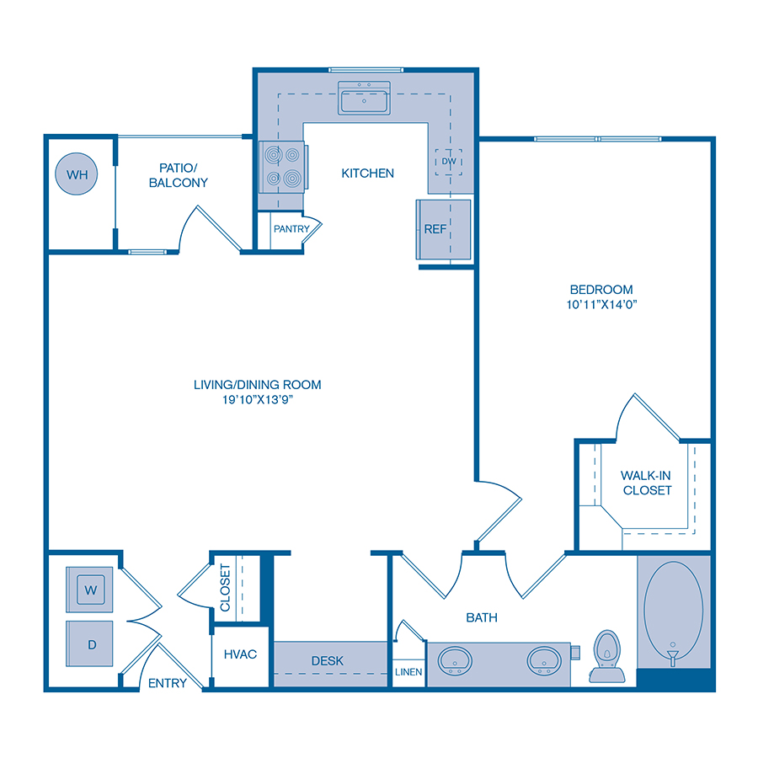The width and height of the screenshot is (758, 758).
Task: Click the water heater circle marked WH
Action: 77,175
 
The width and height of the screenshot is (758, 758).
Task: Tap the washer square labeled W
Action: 91,590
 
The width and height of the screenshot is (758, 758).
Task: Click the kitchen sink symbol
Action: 365,98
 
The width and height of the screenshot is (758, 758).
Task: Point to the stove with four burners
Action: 283,167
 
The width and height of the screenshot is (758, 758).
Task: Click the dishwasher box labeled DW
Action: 448,162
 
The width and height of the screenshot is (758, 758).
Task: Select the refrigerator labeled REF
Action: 435,229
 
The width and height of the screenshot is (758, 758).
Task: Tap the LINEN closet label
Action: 409,672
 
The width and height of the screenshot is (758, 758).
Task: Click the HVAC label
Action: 240,654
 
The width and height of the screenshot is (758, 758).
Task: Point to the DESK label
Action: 327,661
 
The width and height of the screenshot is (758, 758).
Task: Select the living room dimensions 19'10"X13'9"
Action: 257,399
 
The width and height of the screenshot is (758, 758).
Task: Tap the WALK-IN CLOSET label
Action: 646,483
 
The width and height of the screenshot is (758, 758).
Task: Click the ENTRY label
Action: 167,683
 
